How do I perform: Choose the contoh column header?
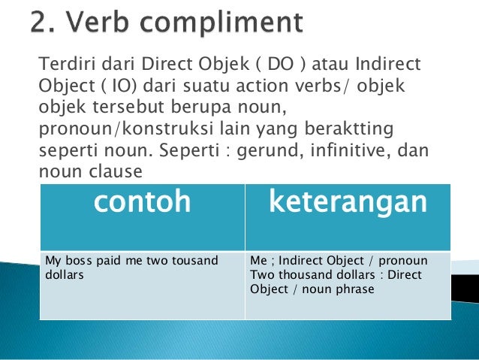click(x=142, y=203)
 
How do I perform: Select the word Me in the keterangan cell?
click(x=258, y=261)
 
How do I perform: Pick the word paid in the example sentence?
click(x=113, y=261)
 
